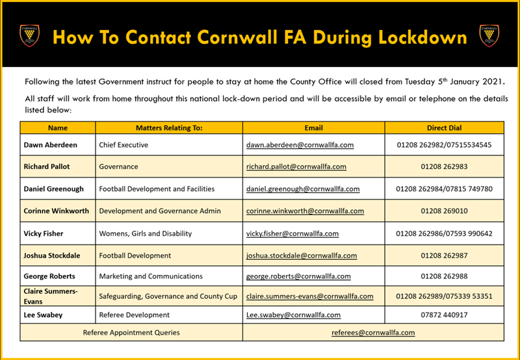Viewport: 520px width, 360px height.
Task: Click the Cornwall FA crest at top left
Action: coord(29,36)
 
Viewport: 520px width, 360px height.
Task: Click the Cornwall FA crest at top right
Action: coord(490,36)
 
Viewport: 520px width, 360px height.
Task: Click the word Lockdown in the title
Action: coord(419,37)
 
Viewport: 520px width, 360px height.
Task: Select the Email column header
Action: coord(313,128)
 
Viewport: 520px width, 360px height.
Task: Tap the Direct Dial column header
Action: coord(445,128)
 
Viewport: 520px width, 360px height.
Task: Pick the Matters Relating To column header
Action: coord(169,128)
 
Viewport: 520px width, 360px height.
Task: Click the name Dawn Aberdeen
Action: coord(49,145)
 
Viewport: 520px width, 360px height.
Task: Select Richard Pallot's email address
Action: coord(296,166)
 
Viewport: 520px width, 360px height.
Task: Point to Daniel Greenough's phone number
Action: coord(445,189)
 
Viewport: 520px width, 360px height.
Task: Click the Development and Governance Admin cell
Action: coord(160,211)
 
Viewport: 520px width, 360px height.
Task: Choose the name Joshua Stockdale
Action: coord(54,255)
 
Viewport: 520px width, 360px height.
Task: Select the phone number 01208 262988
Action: coord(445,276)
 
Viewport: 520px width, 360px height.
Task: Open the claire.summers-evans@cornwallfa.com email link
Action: coord(310,296)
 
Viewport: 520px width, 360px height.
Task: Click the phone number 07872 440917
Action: coord(445,315)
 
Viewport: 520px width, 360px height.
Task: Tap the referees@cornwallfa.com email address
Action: coord(373,332)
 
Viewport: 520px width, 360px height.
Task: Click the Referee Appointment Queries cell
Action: coord(131,332)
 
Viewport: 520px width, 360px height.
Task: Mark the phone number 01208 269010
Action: coord(445,211)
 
